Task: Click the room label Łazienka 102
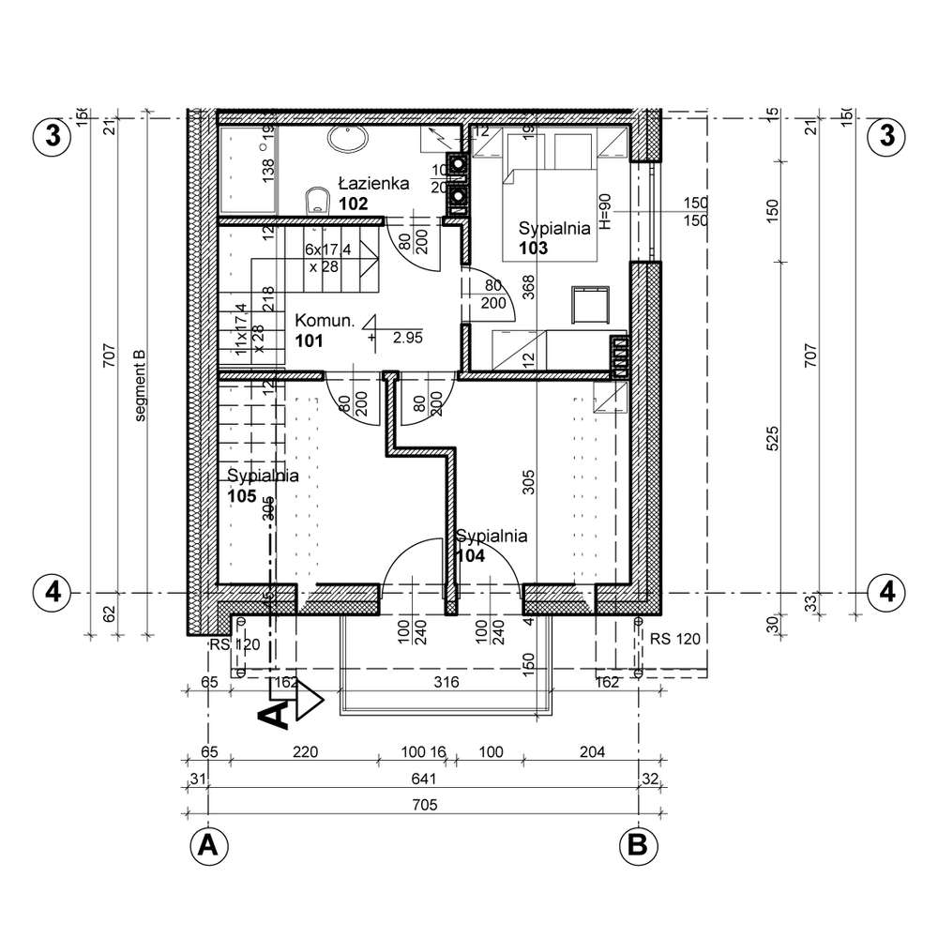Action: (x=372, y=193)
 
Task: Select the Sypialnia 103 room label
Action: (x=553, y=237)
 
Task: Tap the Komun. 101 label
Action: (x=324, y=330)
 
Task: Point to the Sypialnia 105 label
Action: (x=263, y=485)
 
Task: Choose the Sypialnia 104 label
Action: (x=491, y=546)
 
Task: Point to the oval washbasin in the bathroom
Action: (x=350, y=140)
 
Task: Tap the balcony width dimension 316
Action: (x=446, y=683)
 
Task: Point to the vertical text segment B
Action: (x=141, y=386)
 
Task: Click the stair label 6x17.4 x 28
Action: (x=328, y=258)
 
